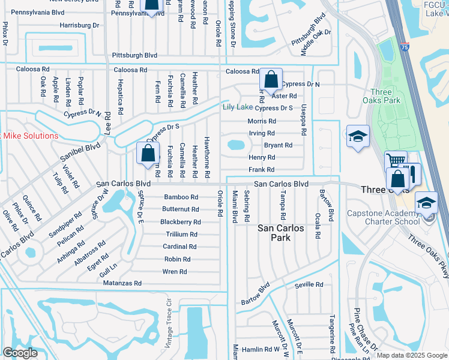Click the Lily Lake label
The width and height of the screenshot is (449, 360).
[x=238, y=107]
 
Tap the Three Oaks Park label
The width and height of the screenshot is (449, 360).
[x=382, y=95]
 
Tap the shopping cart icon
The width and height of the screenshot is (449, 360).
[x=395, y=161]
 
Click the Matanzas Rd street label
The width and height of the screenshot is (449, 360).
[x=122, y=283]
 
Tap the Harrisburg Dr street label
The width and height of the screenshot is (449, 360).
[x=79, y=26]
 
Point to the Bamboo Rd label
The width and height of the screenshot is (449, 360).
[x=181, y=197]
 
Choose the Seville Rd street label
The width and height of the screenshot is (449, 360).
[x=309, y=284]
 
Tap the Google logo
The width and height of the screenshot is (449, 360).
[x=20, y=353]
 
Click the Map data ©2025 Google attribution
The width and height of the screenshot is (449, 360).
[x=411, y=355]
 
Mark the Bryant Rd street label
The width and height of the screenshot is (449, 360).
[x=278, y=145]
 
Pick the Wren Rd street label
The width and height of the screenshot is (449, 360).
[x=175, y=272]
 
